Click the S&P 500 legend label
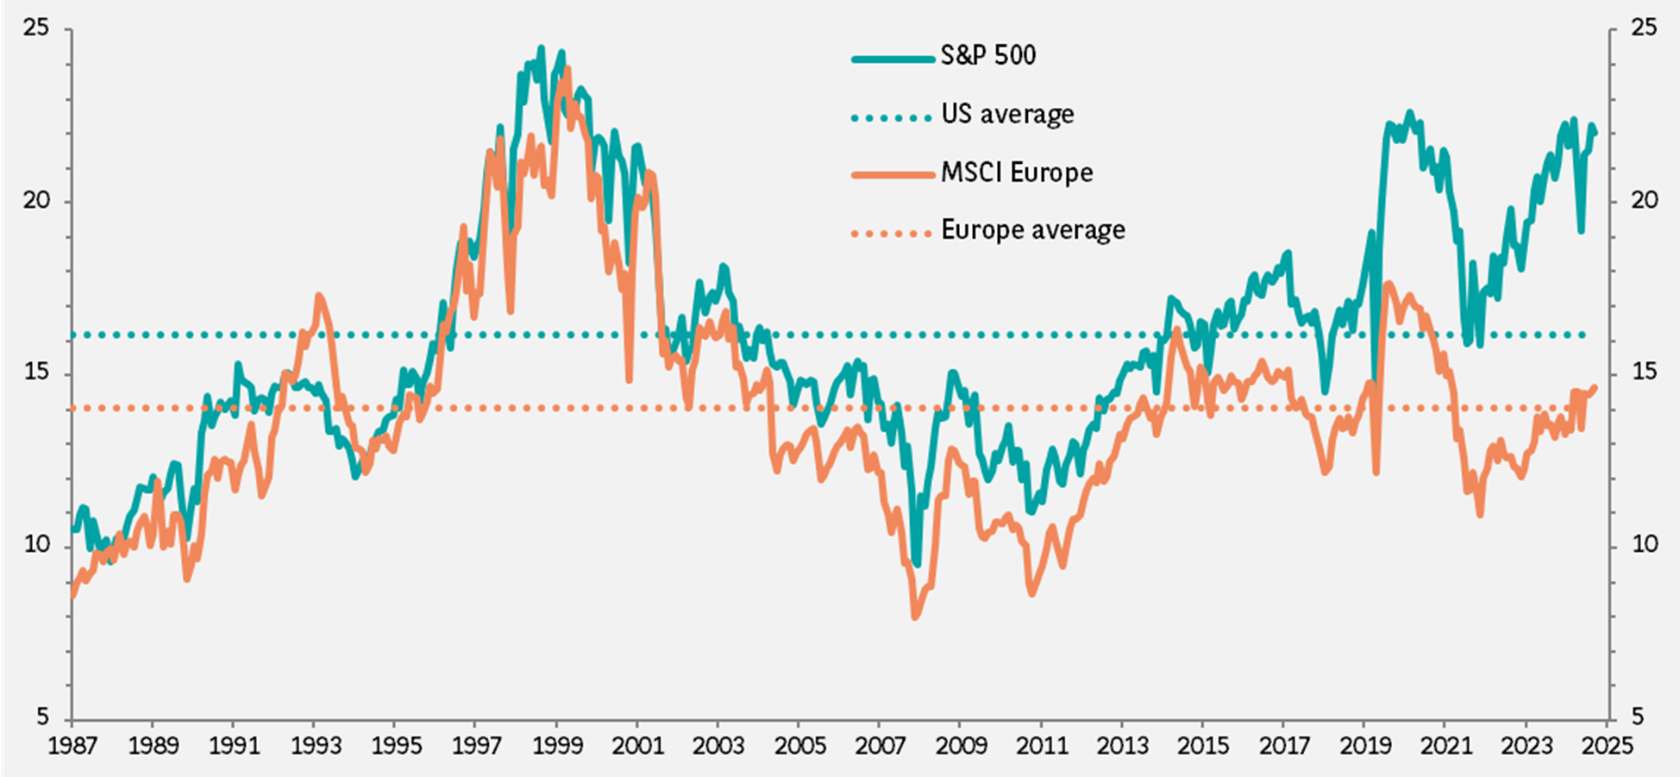point(987,56)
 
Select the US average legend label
point(1007,115)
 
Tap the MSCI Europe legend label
point(1017,172)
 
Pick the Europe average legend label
point(1032,230)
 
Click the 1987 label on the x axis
point(72,745)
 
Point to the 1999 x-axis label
point(557,745)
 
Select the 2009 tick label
point(961,745)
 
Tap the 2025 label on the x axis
point(1608,745)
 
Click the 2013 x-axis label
point(1122,745)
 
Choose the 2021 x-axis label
point(1445,745)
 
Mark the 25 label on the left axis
point(35,28)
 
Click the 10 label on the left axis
point(35,545)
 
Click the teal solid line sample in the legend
point(893,59)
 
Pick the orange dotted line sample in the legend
point(893,233)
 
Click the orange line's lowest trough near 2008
point(915,617)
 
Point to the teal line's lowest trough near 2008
point(916,565)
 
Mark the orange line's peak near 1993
point(318,296)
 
